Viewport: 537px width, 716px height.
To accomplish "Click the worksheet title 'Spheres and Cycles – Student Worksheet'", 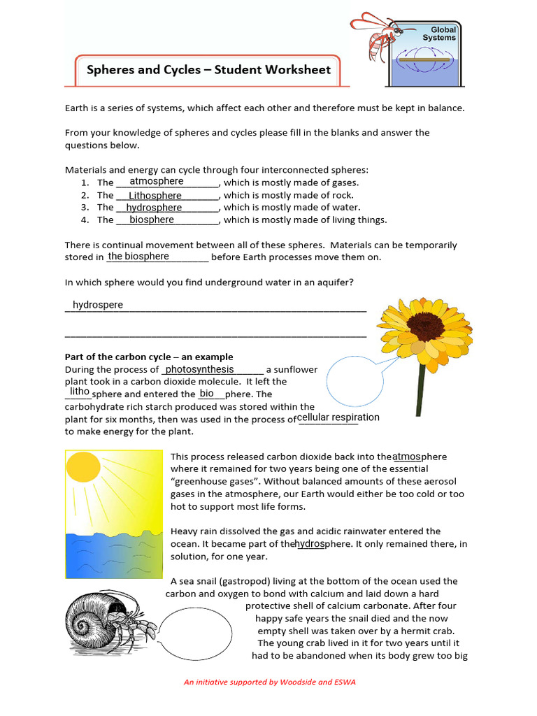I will (x=208, y=70).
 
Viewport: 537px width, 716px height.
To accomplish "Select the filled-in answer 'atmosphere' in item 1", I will (x=152, y=182).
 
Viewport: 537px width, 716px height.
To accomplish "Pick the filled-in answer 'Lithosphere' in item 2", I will (x=155, y=196).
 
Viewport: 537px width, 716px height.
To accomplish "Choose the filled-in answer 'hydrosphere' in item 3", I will (x=154, y=208).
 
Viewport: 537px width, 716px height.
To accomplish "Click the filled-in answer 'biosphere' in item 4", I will (x=152, y=220).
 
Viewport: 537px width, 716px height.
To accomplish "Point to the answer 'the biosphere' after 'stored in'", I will (x=138, y=257).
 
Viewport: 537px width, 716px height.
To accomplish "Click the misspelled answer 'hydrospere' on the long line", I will (x=98, y=305).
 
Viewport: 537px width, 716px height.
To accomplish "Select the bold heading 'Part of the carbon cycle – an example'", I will (x=149, y=357).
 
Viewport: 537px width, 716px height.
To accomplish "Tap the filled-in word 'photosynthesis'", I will (x=199, y=369).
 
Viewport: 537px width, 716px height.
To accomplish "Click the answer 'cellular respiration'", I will (x=338, y=417).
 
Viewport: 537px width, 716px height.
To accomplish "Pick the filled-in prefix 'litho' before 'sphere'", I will (x=79, y=392).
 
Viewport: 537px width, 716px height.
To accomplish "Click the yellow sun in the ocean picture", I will (x=83, y=466).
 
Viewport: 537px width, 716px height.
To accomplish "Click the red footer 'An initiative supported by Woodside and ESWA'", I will (x=269, y=682).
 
